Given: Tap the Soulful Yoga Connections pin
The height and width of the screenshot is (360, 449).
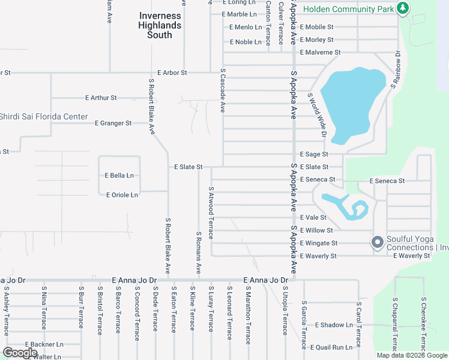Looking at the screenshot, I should click(x=378, y=243).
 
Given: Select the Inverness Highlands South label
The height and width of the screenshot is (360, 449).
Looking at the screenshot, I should click(x=160, y=25).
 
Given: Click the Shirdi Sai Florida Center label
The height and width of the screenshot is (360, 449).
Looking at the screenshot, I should click(x=43, y=116).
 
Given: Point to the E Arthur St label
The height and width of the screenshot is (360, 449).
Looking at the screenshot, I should click(x=101, y=97).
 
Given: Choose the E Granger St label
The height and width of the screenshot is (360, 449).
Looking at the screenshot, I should click(x=113, y=123).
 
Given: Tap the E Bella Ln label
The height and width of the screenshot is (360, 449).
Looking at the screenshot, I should click(x=119, y=175).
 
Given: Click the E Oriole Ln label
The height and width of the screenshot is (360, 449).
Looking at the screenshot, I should click(x=122, y=195).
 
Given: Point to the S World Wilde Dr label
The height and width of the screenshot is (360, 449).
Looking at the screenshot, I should click(x=316, y=115).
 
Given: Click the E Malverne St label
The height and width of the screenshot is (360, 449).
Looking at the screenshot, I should click(x=320, y=53).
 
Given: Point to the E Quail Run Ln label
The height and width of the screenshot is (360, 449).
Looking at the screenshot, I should click(x=331, y=347).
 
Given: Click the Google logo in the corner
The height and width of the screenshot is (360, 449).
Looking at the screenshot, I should click(x=20, y=353).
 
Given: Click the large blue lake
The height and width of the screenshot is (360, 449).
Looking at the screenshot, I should click(x=352, y=102).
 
